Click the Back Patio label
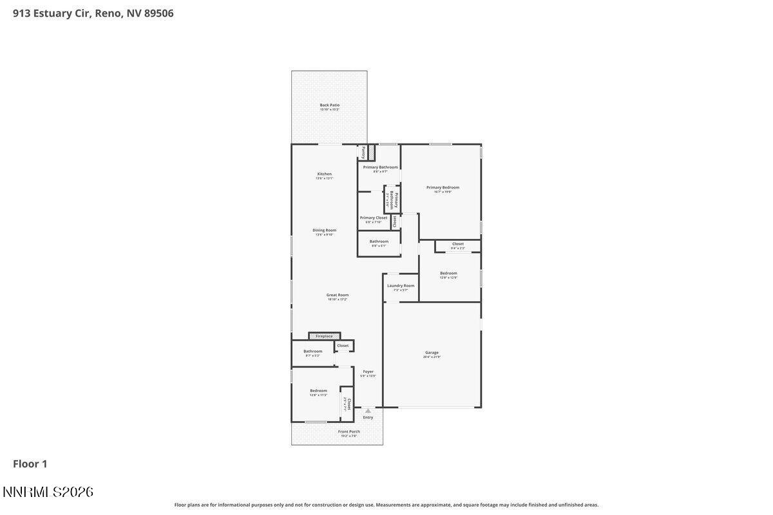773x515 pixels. click(329, 106)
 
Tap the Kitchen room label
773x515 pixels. click(324, 174)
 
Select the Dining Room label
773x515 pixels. click(324, 230)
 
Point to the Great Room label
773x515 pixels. click(337, 295)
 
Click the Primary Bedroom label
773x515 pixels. click(443, 188)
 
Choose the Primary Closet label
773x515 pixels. click(373, 218)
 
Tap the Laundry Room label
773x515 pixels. click(401, 286)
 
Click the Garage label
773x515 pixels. click(432, 353)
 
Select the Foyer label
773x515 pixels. click(368, 372)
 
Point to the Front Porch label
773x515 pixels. click(349, 432)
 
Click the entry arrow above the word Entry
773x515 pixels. click(368, 411)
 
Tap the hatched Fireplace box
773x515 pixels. click(324, 336)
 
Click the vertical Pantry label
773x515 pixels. click(363, 153)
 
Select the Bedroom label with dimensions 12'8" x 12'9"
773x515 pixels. click(448, 274)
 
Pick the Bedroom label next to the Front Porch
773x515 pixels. click(318, 391)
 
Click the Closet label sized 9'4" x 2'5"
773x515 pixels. click(457, 244)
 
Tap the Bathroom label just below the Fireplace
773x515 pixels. click(312, 351)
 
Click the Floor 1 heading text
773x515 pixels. click(30, 464)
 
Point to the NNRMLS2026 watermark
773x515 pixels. click(48, 492)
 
